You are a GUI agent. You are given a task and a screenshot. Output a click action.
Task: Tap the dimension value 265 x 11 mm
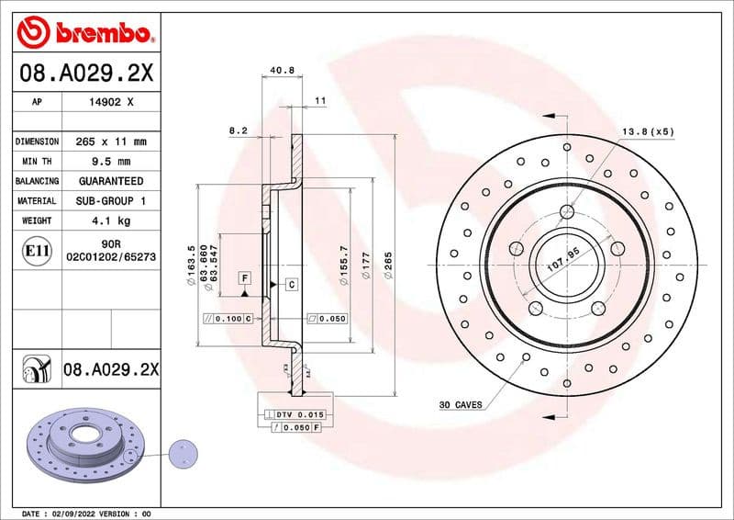pyautogui.click(x=111, y=141)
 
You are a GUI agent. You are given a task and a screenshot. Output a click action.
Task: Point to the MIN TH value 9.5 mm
pyautogui.click(x=111, y=162)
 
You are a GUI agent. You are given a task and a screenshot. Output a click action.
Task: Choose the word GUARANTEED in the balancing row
pyautogui.click(x=111, y=181)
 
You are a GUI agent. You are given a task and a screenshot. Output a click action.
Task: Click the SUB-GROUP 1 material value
pyautogui.click(x=111, y=200)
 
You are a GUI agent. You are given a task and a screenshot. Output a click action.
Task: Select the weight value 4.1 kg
pyautogui.click(x=111, y=220)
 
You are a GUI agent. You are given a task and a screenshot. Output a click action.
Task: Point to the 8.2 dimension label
pyautogui.click(x=239, y=131)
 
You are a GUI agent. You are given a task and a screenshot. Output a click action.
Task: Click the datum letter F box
pyautogui.click(x=245, y=277)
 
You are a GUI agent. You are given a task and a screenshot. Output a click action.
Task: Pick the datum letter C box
pyautogui.click(x=291, y=285)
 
